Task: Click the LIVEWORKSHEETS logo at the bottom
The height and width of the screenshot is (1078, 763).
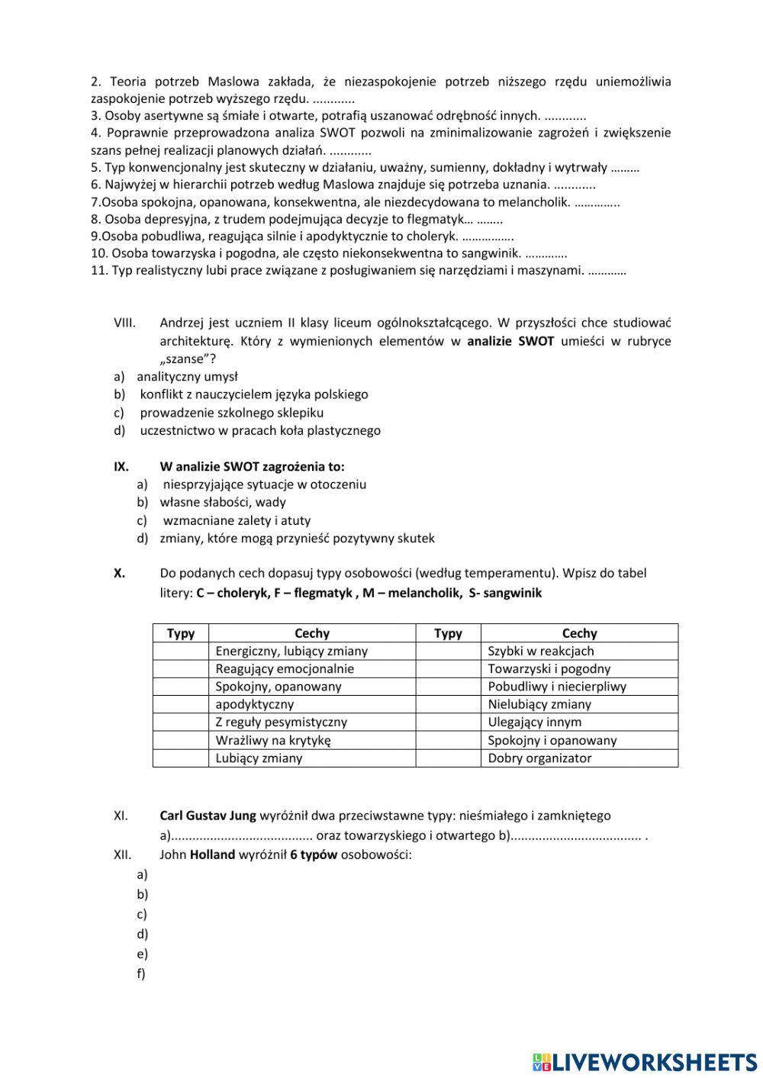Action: point(645,1061)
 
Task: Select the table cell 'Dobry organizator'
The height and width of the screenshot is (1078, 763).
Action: point(539,758)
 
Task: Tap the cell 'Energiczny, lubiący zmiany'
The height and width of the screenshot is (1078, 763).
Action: point(291,651)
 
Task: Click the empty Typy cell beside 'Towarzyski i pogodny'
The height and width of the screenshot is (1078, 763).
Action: point(448,669)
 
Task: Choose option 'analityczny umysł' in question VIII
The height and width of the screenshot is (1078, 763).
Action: point(187,376)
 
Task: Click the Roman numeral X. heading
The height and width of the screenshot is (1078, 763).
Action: point(120,573)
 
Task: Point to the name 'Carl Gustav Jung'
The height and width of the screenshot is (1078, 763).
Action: point(208,816)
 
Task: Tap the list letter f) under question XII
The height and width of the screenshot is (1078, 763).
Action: point(141,973)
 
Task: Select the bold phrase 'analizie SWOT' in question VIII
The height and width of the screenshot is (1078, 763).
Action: point(510,342)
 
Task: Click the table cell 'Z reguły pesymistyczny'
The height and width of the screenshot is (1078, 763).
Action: point(281,722)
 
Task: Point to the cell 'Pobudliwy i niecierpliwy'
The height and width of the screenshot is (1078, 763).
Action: point(557,687)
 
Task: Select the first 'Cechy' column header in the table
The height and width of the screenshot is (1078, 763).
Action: point(311,633)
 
